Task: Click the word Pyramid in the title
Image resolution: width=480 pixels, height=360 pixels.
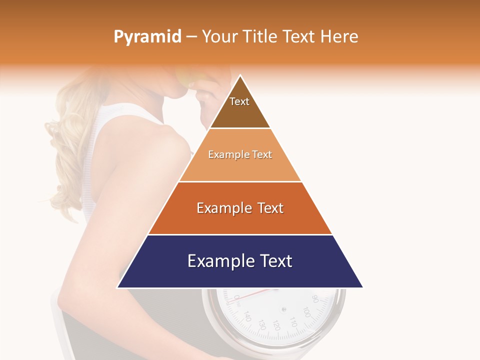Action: click(147, 37)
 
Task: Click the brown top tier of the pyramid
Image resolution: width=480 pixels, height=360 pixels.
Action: click(240, 107)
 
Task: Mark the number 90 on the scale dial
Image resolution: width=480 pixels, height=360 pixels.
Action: click(315, 299)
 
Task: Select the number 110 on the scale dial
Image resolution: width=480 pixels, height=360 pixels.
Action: click(293, 324)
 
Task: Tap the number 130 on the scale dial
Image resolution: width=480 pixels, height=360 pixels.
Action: click(261, 324)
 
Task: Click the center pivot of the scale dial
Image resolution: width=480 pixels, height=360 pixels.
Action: click(284, 309)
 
